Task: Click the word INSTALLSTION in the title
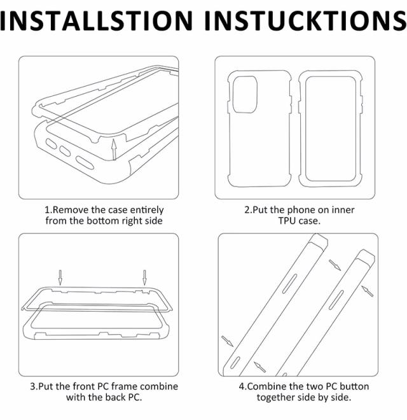tap(97, 20)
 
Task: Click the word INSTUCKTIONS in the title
tap(306, 20)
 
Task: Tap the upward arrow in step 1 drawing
tap(114, 150)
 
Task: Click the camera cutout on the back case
tap(245, 94)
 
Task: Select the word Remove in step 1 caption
tap(71, 210)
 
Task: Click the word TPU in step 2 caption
tap(287, 221)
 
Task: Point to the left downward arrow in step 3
tap(60, 277)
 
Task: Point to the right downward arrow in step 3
tap(144, 277)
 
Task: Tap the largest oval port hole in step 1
tap(85, 163)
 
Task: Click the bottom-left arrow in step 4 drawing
tap(227, 341)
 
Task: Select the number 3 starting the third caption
tap(32, 386)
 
